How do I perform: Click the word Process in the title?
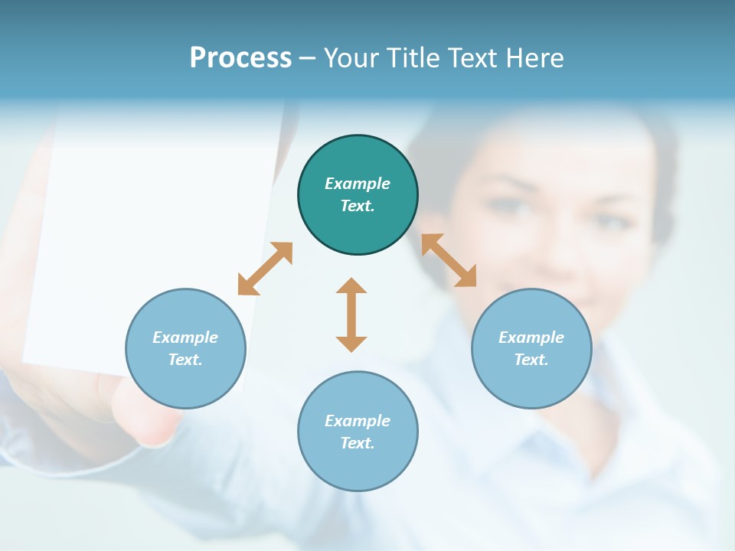pos(240,58)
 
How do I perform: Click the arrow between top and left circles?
pos(265,269)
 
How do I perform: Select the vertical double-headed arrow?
pos(351,315)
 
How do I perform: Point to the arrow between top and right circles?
pos(449,260)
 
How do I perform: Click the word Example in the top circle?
pos(358,184)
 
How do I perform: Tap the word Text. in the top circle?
pos(358,206)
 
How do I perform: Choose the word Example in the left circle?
pos(185,337)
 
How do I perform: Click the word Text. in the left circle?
pos(185,360)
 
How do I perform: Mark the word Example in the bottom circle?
pos(358,421)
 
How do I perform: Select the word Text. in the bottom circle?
pos(358,443)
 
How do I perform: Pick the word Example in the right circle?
pos(531,337)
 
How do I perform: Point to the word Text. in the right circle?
pos(531,360)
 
